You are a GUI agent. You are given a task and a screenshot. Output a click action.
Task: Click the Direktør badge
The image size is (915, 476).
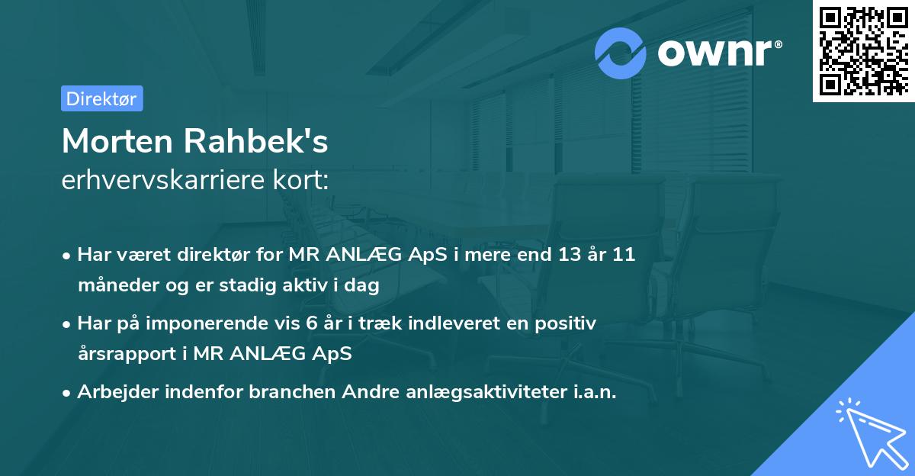(101, 98)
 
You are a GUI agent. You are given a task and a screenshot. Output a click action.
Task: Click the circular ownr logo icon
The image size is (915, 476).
(621, 53)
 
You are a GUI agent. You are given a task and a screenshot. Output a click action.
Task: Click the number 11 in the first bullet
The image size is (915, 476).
(624, 255)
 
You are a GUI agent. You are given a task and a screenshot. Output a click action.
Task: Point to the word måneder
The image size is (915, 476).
(112, 285)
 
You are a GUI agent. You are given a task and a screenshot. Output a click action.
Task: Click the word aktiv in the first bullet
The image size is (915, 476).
(303, 285)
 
